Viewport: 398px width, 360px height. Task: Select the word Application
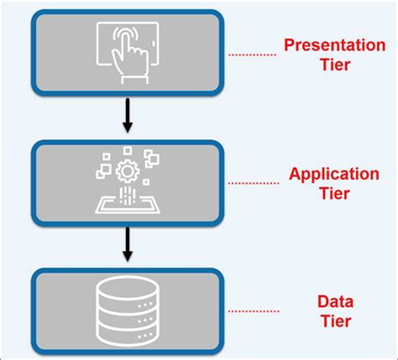pos(333,174)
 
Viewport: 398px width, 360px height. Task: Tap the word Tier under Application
pos(333,194)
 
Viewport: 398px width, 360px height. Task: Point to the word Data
pos(333,301)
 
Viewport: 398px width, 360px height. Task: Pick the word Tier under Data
pos(333,321)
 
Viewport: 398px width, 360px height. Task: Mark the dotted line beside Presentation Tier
pos(252,55)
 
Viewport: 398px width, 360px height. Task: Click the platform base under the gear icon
pos(127,203)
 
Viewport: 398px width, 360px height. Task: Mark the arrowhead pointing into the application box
pos(127,128)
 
